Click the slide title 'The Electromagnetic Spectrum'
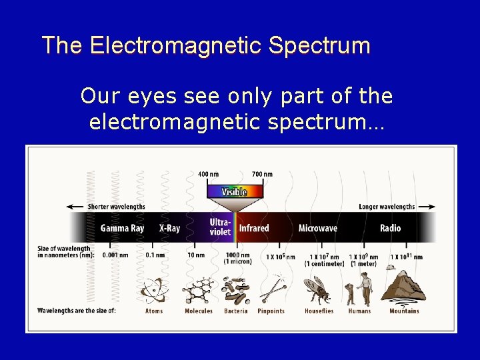[x=205, y=45]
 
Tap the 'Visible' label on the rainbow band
[x=234, y=192]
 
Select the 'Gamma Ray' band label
[x=122, y=228]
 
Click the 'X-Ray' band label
[x=169, y=228]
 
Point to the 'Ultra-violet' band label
[x=220, y=227]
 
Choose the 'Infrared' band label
[x=254, y=228]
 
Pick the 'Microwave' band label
[x=317, y=228]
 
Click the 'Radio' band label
[x=390, y=228]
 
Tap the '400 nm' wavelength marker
[x=208, y=175]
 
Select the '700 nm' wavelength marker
[x=262, y=175]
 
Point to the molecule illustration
[x=197, y=290]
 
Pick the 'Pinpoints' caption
[x=271, y=311]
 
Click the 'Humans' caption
[x=359, y=311]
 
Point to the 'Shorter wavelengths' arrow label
[x=116, y=207]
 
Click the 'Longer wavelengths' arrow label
[x=387, y=207]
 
